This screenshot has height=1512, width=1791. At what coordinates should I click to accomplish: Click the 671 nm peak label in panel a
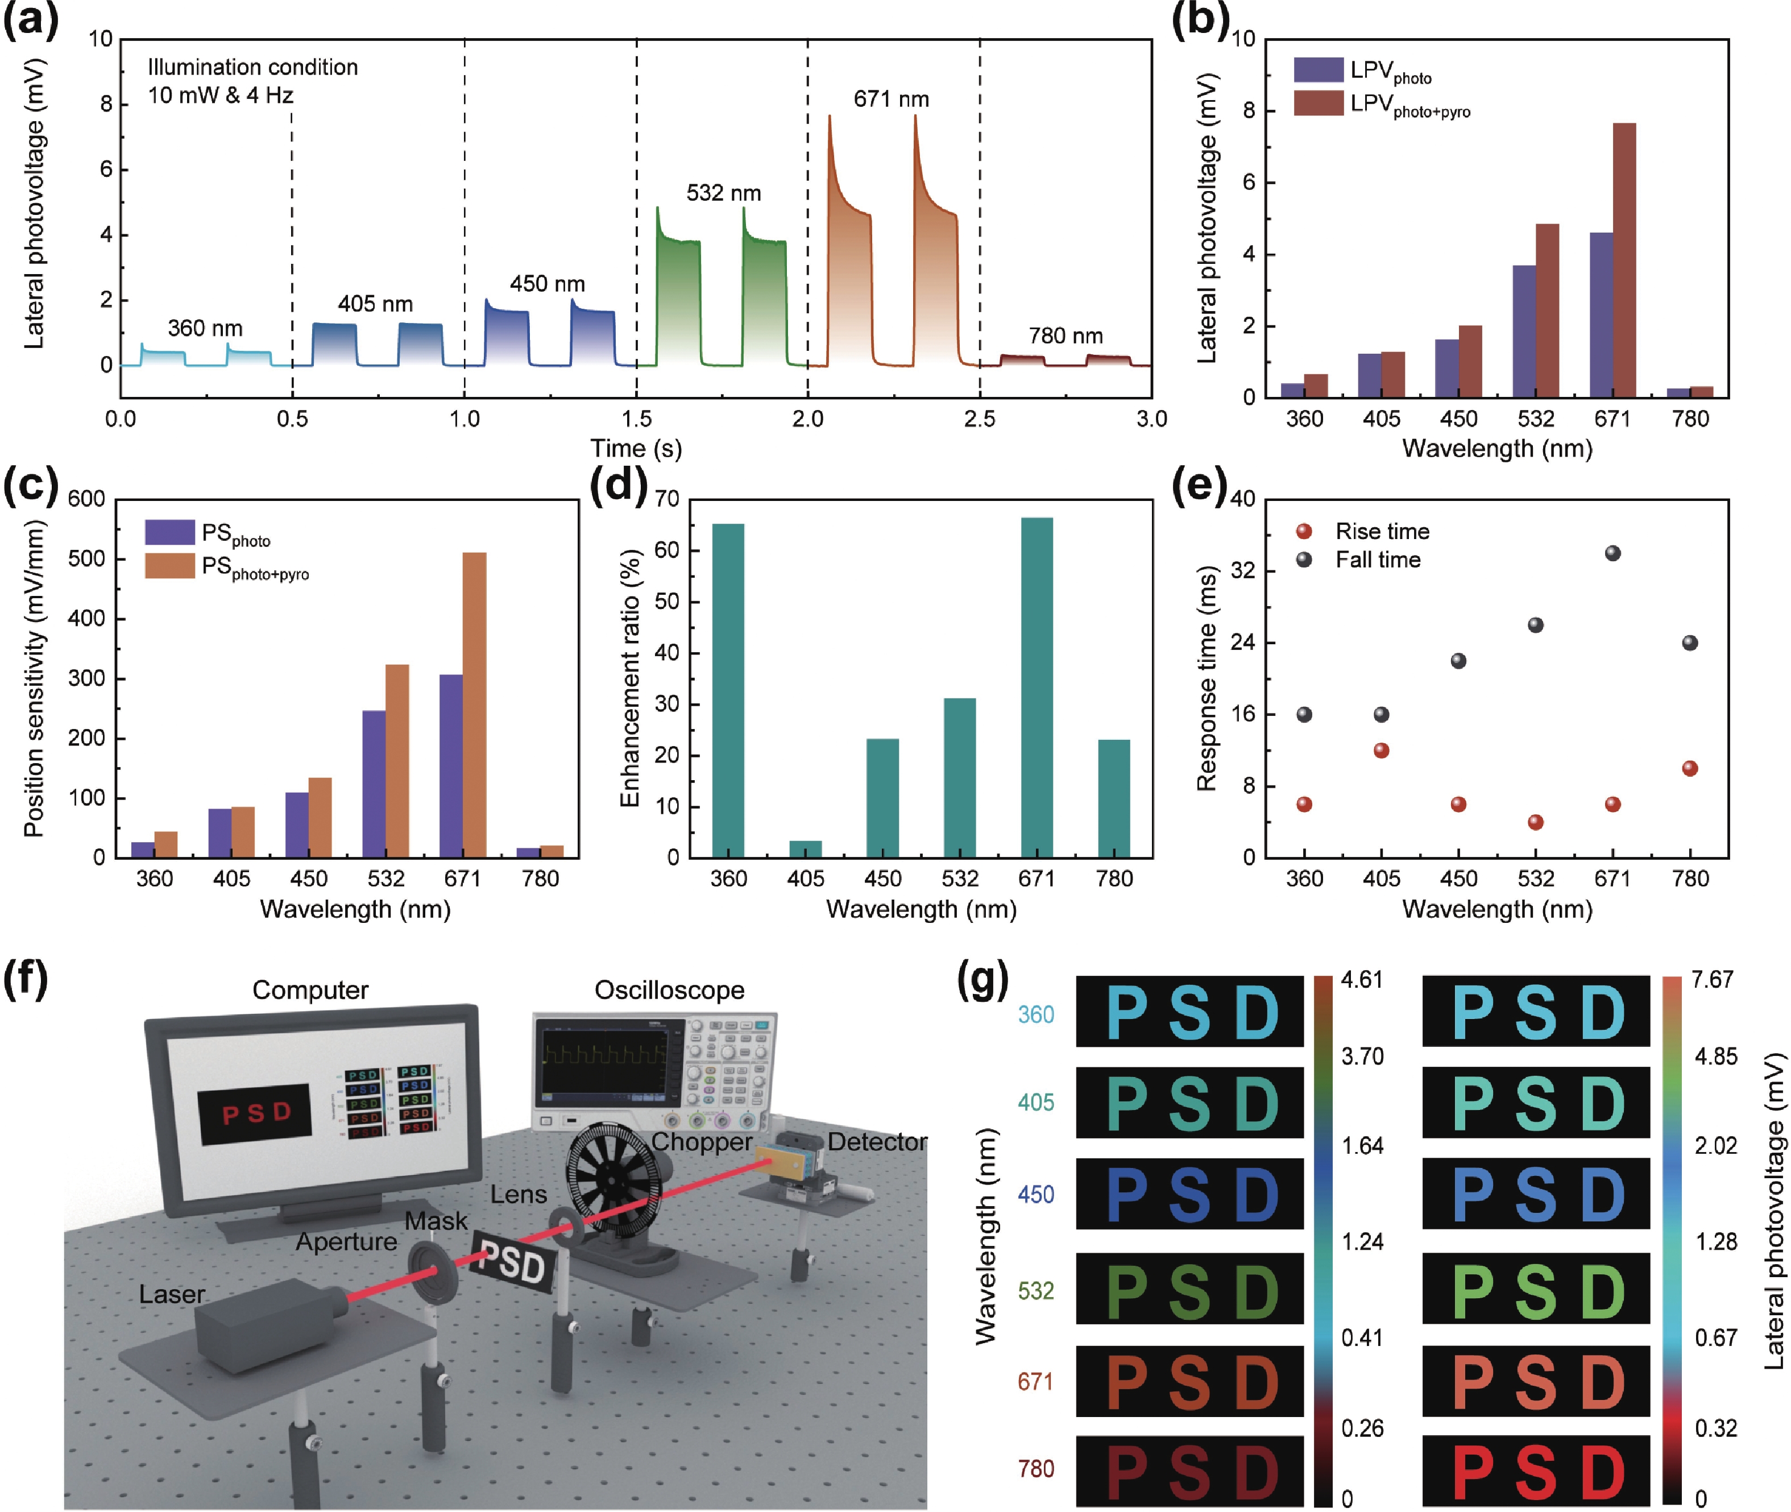tap(890, 100)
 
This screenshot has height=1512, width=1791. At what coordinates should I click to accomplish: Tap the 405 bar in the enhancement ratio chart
tap(806, 848)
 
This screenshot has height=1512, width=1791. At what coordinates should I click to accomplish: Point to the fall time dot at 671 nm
tap(1612, 554)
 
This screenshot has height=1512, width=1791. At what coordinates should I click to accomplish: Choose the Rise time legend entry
tap(1382, 532)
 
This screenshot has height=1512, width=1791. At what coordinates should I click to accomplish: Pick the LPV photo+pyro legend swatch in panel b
tap(1318, 103)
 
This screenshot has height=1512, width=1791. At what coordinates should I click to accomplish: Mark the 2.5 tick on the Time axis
tap(980, 419)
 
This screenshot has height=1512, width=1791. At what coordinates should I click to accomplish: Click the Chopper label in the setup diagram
tap(702, 1142)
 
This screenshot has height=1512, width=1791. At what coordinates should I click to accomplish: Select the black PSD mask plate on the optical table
tap(512, 1262)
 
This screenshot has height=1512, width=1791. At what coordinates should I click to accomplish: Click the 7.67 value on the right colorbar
tap(1711, 980)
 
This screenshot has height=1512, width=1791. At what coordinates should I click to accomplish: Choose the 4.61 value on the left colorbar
tap(1362, 980)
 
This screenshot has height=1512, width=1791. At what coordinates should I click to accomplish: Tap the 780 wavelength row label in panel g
tap(1035, 1468)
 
